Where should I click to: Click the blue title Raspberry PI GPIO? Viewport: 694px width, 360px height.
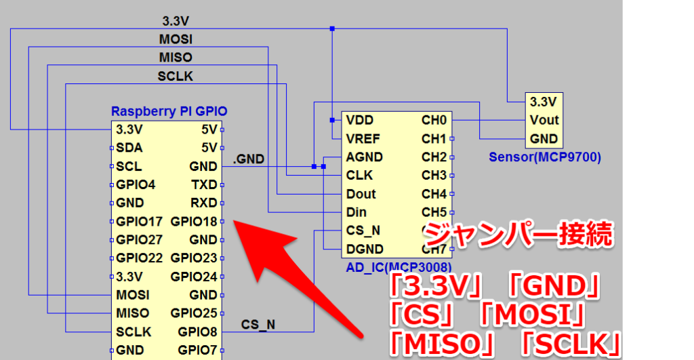click(x=169, y=111)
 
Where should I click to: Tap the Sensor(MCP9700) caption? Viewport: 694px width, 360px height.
click(x=545, y=158)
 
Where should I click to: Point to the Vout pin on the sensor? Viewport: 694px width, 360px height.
click(x=544, y=120)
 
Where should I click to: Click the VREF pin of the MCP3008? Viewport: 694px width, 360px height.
click(x=363, y=139)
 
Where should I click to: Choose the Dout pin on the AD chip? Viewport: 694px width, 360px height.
click(x=361, y=194)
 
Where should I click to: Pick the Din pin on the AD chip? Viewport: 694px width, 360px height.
click(x=356, y=212)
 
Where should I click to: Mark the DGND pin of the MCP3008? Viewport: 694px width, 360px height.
click(x=364, y=249)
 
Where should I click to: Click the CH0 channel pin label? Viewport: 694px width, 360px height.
click(x=434, y=121)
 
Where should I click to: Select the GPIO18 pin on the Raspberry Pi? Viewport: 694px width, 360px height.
click(x=194, y=221)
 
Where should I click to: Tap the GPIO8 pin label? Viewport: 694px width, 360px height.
click(x=197, y=332)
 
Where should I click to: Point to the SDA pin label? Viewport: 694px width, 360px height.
click(x=129, y=148)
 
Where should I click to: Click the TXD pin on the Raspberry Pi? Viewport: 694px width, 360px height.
click(x=203, y=184)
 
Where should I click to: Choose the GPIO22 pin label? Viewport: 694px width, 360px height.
click(x=139, y=258)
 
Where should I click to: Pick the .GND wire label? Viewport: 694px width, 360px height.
click(x=248, y=160)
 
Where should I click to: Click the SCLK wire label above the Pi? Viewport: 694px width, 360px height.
click(x=175, y=77)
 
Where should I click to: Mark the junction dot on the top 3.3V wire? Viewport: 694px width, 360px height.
click(x=332, y=28)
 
